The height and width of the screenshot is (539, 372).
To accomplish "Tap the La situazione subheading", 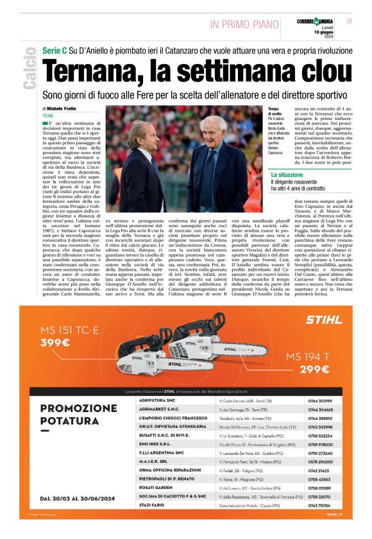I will (x=291, y=175).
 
